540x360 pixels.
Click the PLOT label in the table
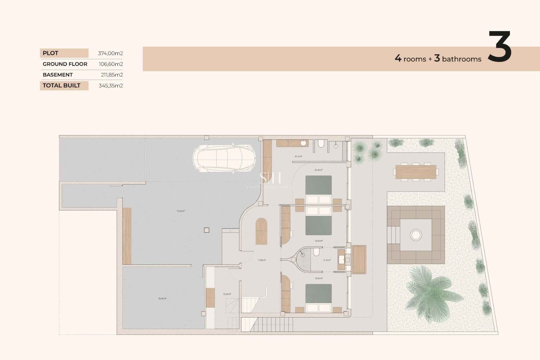point(51,53)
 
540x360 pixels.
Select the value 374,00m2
point(110,53)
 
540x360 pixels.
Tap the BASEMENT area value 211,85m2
point(112,75)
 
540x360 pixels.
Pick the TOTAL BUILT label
point(62,85)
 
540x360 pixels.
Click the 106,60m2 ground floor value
point(111,64)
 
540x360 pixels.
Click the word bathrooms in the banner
point(462,59)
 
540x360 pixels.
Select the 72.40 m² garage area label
point(181,211)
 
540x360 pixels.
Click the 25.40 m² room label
point(162,299)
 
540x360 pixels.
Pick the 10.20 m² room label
point(227,294)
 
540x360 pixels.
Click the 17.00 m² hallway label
point(262,260)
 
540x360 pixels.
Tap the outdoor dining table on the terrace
point(416,172)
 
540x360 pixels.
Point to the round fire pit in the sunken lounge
point(416,235)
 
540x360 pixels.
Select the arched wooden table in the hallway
point(261,231)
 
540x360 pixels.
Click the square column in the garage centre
point(206,230)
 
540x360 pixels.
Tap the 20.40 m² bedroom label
point(318,170)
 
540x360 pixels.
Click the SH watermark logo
point(270,178)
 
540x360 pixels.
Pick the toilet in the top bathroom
point(321,144)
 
